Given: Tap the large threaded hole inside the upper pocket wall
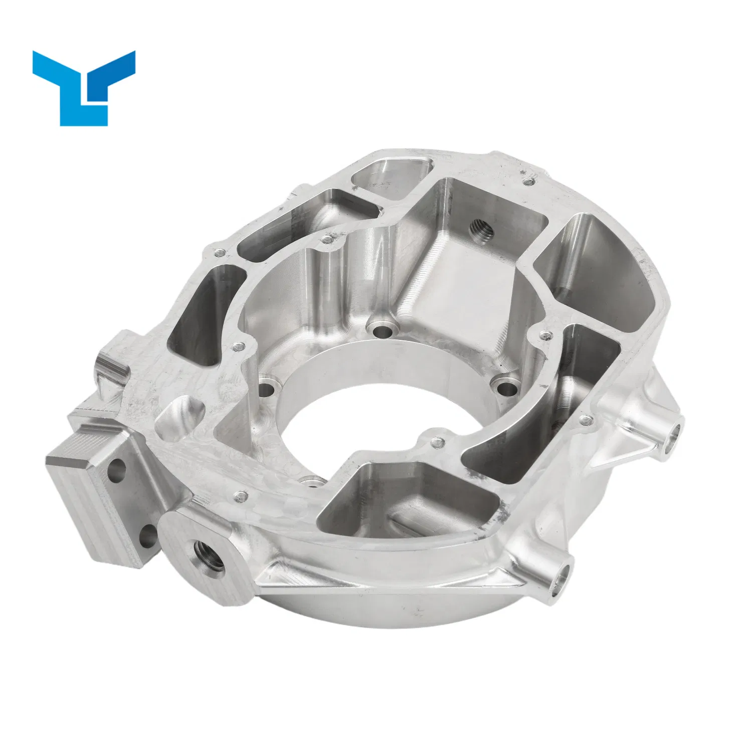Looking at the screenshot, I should (x=481, y=230).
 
